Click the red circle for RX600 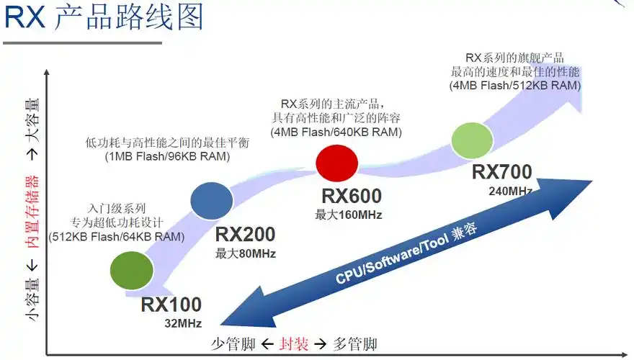(337, 161)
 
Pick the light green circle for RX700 (471, 140)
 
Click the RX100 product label (171, 305)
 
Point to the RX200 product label (245, 235)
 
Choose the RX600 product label (352, 196)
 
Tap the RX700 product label (502, 172)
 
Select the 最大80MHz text (246, 253)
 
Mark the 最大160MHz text (349, 215)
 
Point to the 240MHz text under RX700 (509, 191)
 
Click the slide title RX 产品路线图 (104, 18)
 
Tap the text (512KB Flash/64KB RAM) (117, 236)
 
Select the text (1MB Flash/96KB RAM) (167, 156)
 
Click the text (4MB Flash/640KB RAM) (336, 132)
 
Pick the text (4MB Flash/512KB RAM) (515, 85)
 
